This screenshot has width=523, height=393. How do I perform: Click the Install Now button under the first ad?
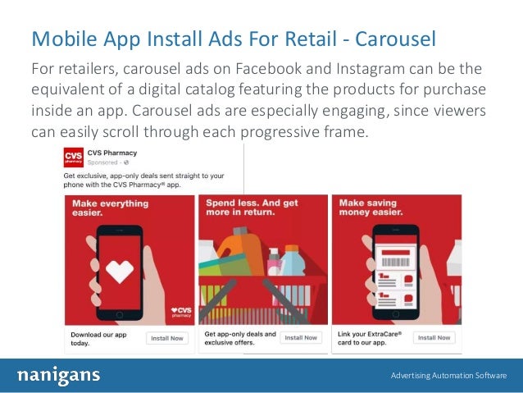click(x=167, y=338)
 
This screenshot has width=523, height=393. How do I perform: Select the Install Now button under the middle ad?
click(x=301, y=338)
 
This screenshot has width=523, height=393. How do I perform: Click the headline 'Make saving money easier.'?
click(x=376, y=208)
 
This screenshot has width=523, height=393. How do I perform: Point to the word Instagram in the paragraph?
click(x=373, y=67)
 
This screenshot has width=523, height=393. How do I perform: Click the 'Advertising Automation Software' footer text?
click(x=448, y=376)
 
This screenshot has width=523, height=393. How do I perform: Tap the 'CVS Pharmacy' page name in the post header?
click(x=113, y=153)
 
